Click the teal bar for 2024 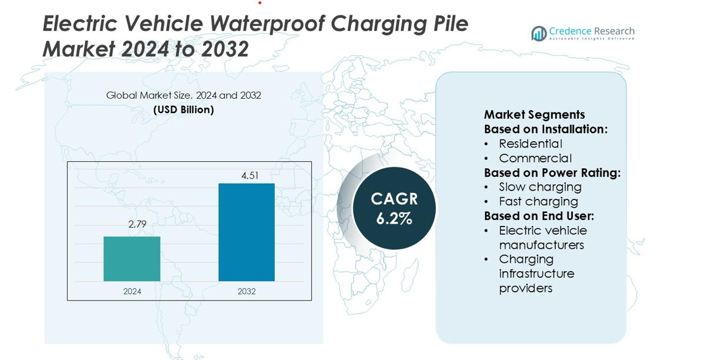132,259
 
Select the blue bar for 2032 246,232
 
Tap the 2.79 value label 136,224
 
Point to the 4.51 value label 250,175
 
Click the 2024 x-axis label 132,291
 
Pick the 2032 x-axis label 246,291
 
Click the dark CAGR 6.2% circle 394,208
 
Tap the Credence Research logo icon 539,34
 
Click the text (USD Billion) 183,109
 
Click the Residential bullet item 530,144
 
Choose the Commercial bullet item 535,158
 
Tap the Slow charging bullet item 540,187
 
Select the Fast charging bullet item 538,201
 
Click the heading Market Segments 534,115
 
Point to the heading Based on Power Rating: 552,172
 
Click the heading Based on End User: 539,216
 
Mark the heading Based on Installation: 546,129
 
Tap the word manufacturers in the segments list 541,245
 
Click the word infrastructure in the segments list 536,274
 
